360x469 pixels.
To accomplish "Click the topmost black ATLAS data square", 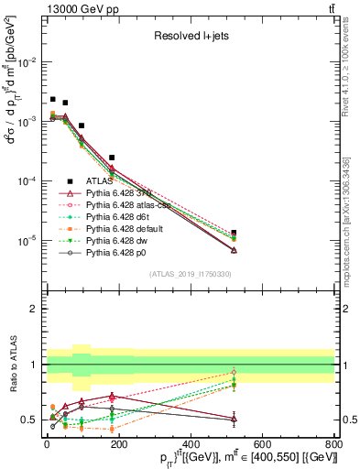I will [53, 99].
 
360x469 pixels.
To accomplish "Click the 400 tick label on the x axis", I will [190, 444].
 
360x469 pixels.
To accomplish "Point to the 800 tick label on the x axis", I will [333, 444].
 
